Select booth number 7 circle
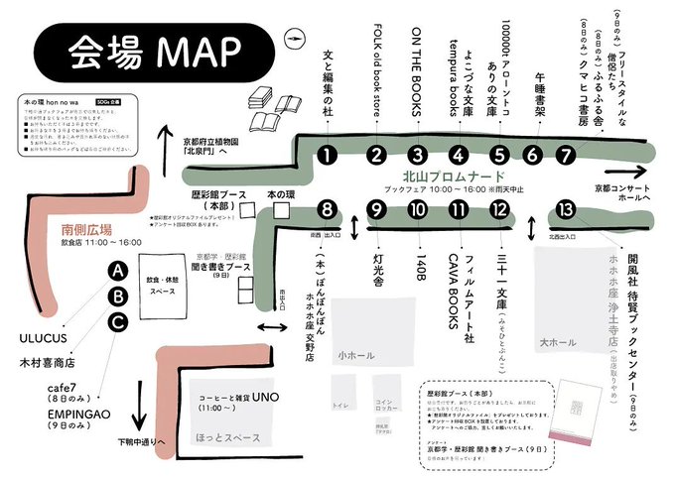tap(565, 155)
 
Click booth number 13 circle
tap(566, 209)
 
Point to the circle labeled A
tap(118, 271)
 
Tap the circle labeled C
tap(118, 320)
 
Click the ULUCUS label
tap(42, 338)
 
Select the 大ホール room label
tap(557, 343)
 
